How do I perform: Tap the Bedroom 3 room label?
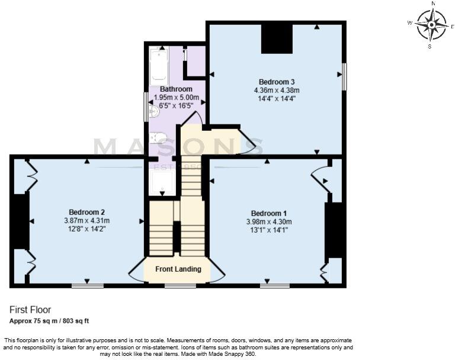(x=277, y=82)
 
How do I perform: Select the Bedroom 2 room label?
(x=86, y=212)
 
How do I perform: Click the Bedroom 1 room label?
(x=269, y=213)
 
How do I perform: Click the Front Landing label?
(x=178, y=269)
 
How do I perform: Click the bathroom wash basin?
(x=155, y=111)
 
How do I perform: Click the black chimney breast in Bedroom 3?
(x=277, y=39)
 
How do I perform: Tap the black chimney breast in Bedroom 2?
(x=20, y=221)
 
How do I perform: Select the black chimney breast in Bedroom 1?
(x=334, y=230)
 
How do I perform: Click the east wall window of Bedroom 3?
(x=344, y=77)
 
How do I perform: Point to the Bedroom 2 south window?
(x=88, y=286)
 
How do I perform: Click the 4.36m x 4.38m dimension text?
(x=277, y=91)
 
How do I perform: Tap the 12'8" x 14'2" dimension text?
(x=86, y=230)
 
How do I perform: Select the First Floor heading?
(x=30, y=310)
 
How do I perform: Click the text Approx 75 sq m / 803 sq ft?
(x=49, y=321)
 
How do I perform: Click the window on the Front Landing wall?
(x=180, y=286)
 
